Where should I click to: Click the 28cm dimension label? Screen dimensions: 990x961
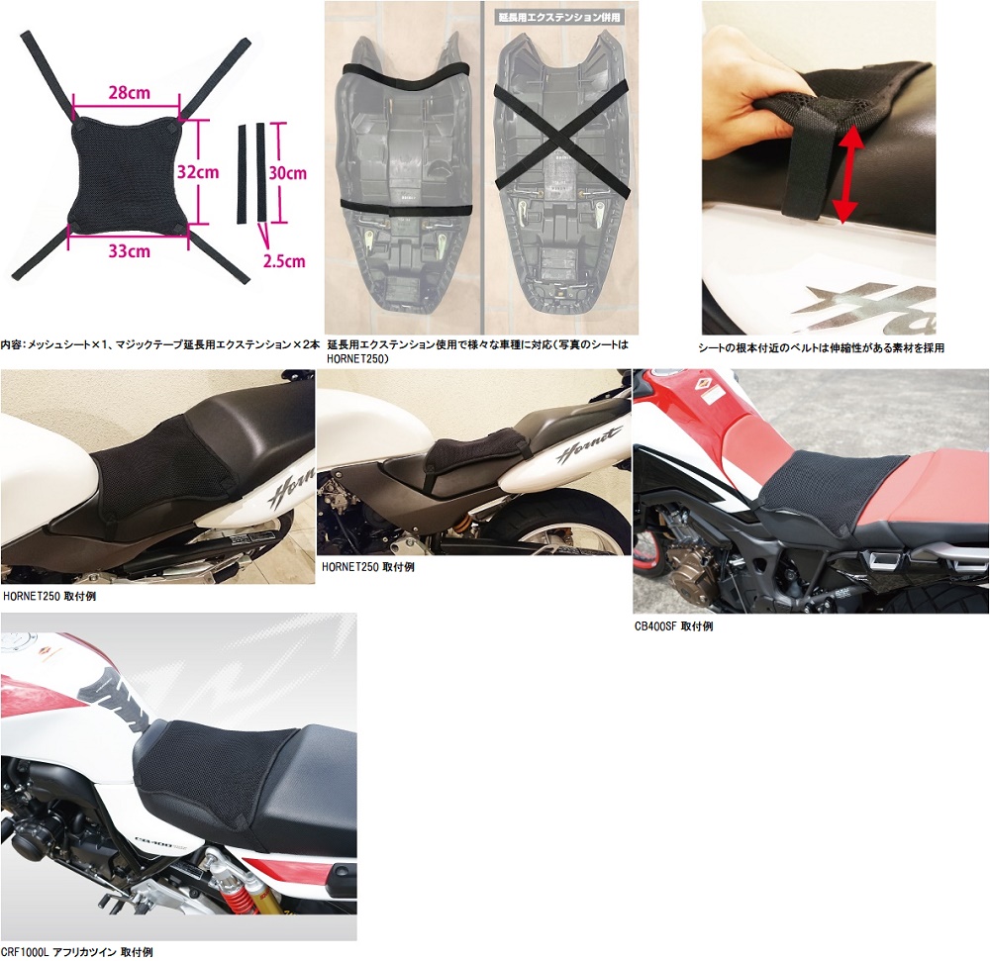[130, 93]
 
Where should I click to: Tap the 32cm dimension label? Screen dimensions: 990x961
[198, 171]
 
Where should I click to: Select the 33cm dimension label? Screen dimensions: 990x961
[130, 251]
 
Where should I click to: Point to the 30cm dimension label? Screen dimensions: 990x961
[288, 173]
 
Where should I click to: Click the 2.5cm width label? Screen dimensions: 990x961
[284, 261]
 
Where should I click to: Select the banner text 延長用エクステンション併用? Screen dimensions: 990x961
[559, 17]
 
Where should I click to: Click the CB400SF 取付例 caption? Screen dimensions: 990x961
[673, 626]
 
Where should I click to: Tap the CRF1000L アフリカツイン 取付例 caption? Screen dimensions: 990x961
[76, 951]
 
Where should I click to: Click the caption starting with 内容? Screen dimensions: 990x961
[160, 344]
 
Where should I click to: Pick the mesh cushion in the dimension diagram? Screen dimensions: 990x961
[129, 171]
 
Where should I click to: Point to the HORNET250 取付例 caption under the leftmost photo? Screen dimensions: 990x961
[49, 596]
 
